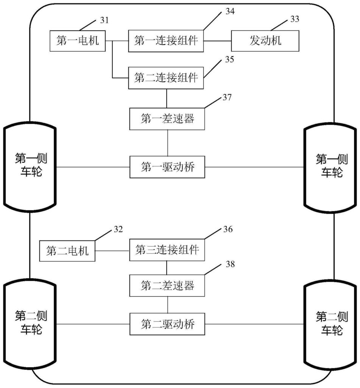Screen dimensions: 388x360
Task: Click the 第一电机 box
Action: pos(78,41)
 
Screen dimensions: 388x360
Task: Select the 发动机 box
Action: pos(265,41)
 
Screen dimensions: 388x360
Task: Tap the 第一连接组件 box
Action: pos(166,41)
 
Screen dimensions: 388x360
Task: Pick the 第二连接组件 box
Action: pos(166,78)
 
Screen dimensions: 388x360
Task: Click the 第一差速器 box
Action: pos(167,119)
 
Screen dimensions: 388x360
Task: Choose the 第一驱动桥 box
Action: pos(167,167)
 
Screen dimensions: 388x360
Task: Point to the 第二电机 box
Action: pos(67,251)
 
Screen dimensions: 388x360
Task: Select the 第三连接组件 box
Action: pos(167,250)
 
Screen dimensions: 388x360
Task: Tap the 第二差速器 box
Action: pos(167,285)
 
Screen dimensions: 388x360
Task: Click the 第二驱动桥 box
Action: pos(167,324)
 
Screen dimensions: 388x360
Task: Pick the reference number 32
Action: pos(118,230)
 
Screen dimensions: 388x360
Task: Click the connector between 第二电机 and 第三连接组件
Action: pos(112,251)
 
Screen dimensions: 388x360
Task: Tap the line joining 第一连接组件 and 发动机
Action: pos(218,41)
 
